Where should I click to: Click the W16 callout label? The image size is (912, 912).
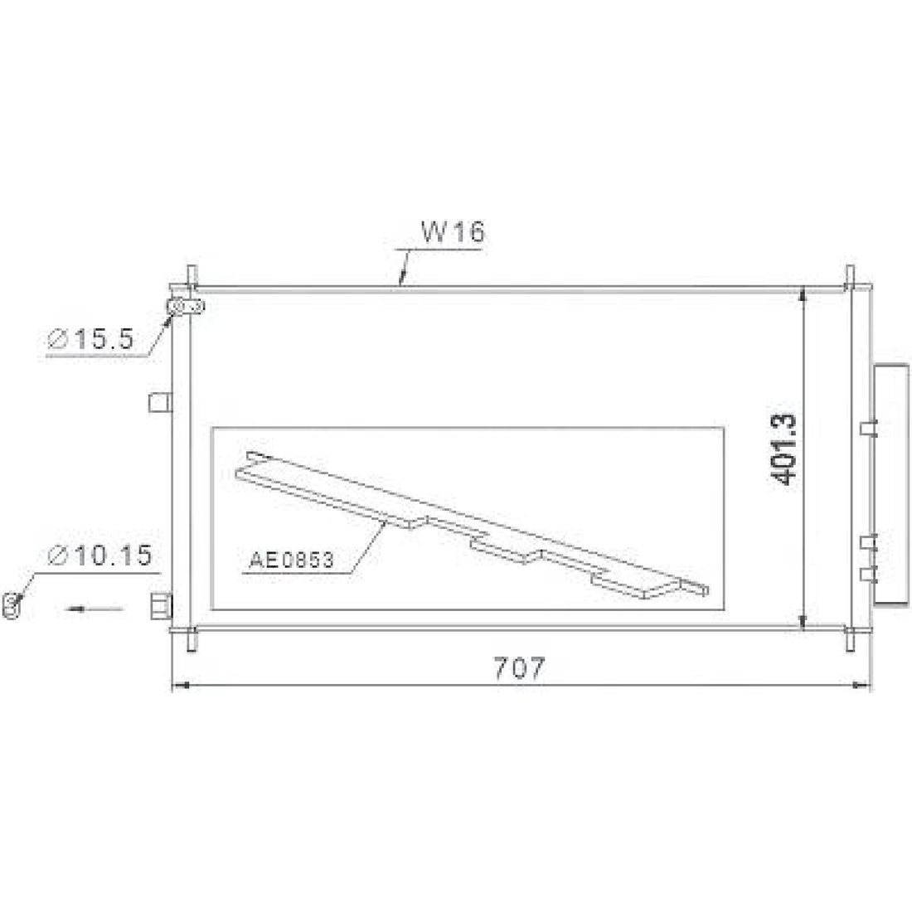pos(453,231)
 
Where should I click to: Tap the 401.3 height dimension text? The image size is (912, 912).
pos(783,449)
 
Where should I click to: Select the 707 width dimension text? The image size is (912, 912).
pos(519,668)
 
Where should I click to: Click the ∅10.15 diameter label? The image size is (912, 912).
pos(99,555)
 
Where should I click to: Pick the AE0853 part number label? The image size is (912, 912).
pos(291,560)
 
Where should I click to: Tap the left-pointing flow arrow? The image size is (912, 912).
pos(95,609)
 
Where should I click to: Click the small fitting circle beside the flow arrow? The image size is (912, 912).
pos(11,605)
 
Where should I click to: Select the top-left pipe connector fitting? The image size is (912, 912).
pos(186,307)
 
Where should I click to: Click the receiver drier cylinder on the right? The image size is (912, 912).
pos(891,485)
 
